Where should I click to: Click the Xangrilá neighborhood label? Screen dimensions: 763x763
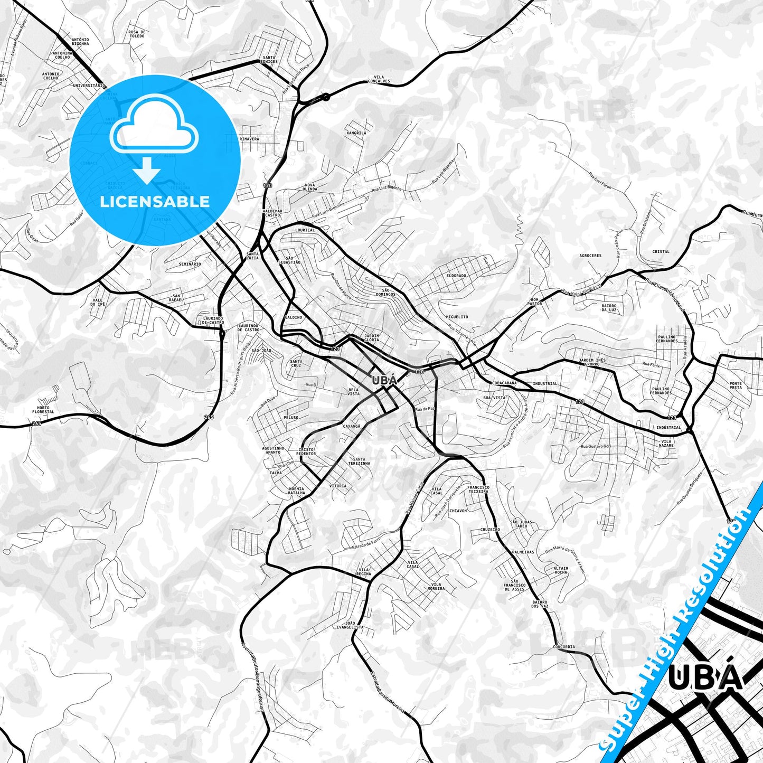click(x=356, y=133)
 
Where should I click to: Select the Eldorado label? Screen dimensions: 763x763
click(x=456, y=276)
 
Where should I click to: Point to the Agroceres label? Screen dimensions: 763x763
click(x=590, y=256)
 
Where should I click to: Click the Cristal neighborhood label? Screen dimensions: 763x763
click(x=661, y=252)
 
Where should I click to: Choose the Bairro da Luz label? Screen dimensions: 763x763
click(x=609, y=308)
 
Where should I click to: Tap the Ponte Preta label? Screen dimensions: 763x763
click(x=736, y=385)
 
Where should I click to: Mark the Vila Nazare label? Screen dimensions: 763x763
click(x=667, y=443)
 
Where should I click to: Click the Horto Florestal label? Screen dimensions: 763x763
click(x=43, y=410)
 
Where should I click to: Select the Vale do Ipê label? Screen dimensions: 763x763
click(x=98, y=302)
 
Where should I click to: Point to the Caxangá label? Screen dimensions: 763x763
click(x=352, y=426)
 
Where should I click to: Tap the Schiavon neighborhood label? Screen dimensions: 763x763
click(x=457, y=511)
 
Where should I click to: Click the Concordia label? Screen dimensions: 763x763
click(x=564, y=647)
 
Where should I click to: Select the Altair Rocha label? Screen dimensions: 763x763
click(x=561, y=570)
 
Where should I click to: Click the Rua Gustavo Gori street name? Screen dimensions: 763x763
click(x=596, y=447)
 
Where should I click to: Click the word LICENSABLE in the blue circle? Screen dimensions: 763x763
click(x=155, y=201)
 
